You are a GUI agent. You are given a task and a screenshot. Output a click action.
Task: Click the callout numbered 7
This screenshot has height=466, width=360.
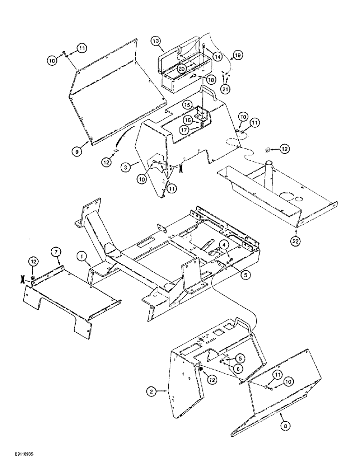pos(55,252)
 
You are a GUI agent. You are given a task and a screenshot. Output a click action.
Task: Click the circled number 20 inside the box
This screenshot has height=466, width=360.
pos(181,68)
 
